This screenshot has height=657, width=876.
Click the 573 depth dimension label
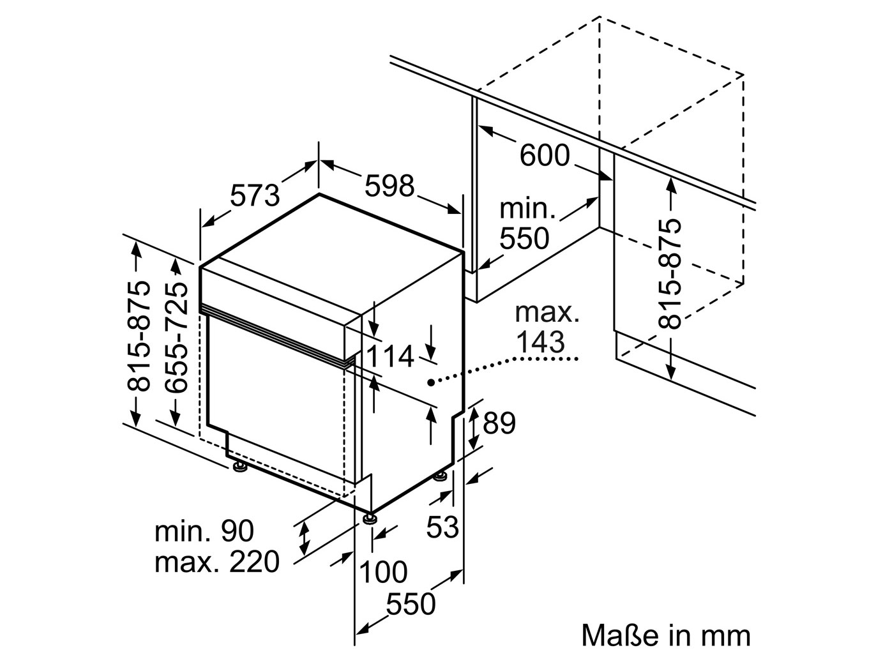point(255,195)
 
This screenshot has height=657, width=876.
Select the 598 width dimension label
point(389,186)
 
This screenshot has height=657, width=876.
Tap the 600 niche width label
point(544,155)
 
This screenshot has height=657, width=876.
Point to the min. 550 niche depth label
point(524,223)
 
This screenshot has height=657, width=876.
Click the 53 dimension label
point(442,527)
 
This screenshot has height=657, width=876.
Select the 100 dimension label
point(383,571)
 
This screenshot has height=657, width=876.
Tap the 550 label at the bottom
point(411,603)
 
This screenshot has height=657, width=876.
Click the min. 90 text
point(204,531)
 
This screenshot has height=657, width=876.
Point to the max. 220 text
point(217,562)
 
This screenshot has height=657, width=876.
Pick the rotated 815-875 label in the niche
point(670,273)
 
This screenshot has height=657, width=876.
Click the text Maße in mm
point(666,635)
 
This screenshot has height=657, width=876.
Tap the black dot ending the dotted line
point(431,382)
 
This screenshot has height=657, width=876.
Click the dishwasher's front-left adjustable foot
point(241,469)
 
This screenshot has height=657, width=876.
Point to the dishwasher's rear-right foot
point(441,476)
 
